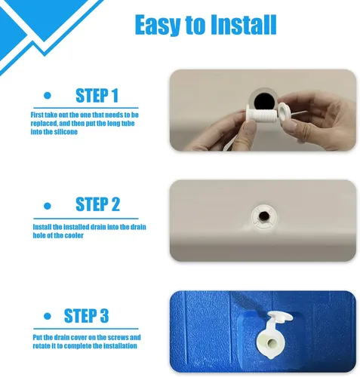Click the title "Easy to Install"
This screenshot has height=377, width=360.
(x=205, y=25)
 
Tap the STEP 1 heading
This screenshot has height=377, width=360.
(x=97, y=96)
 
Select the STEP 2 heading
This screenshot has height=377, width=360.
(x=97, y=204)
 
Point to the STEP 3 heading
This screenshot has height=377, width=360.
(x=86, y=316)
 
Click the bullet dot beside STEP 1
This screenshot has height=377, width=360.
(x=48, y=96)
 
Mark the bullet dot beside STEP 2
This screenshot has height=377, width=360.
(x=48, y=206)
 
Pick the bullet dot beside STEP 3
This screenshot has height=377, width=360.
(x=48, y=316)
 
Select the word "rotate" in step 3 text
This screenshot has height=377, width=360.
(x=42, y=346)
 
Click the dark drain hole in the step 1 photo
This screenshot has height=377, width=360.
(x=263, y=101)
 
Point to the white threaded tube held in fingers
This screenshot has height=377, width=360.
(x=260, y=116)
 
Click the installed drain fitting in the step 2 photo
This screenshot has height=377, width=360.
(x=263, y=216)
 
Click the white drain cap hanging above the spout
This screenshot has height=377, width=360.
(x=280, y=317)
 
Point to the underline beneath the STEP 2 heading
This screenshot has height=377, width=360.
(x=86, y=219)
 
